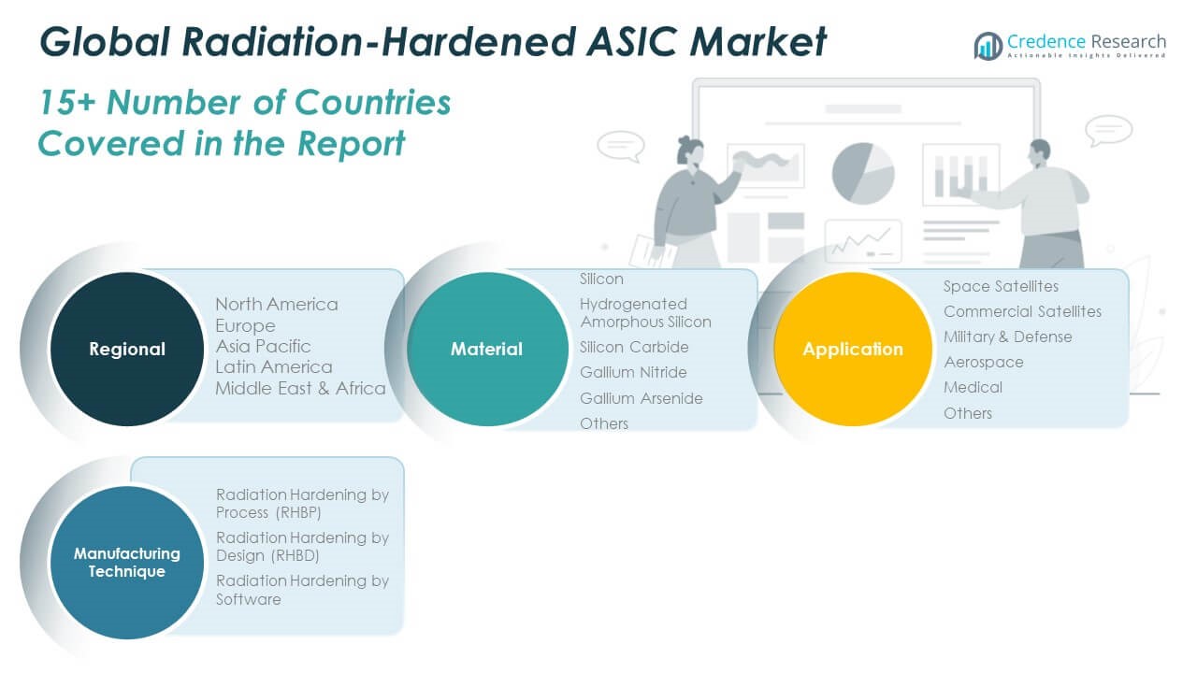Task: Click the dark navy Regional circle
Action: (x=126, y=349)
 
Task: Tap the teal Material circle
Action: (x=487, y=349)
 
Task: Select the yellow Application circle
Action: (x=853, y=349)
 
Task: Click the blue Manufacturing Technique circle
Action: (x=126, y=563)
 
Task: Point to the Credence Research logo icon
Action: (x=988, y=46)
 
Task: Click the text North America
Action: (x=277, y=305)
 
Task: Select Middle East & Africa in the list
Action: (x=300, y=388)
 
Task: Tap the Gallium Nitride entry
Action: (x=633, y=372)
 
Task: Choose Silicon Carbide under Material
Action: (x=634, y=347)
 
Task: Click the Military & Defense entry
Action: (x=1008, y=337)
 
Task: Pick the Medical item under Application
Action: (x=973, y=387)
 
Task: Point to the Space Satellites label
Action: (x=1001, y=286)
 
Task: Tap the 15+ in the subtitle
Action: (x=66, y=102)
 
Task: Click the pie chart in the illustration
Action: (x=863, y=173)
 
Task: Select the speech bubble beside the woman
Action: (x=621, y=146)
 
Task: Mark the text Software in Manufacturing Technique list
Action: (x=249, y=599)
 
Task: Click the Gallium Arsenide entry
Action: (x=642, y=398)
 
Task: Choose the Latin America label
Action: (x=274, y=367)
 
